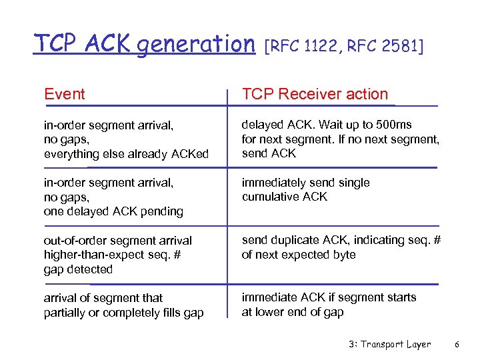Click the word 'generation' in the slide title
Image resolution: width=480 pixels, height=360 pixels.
pos(197,44)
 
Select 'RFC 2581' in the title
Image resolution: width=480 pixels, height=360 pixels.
pos(385,46)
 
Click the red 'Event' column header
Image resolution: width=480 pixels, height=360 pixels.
pos(64,94)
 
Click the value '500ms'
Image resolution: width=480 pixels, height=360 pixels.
pos(395,125)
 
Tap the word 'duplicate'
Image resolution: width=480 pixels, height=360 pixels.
pos(295,240)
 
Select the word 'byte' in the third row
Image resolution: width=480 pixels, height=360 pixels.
pos(343,255)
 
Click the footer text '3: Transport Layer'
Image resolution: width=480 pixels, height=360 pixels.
pos(389,345)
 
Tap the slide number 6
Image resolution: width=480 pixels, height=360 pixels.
pos(457,345)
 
